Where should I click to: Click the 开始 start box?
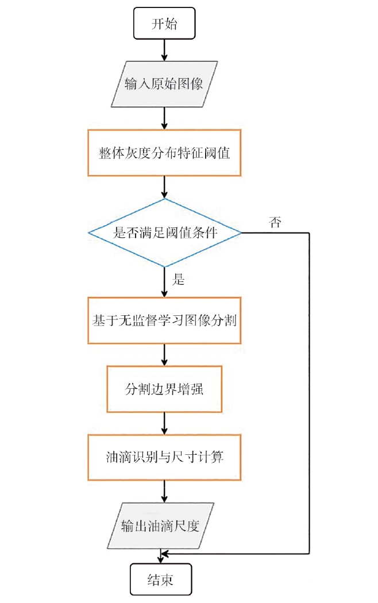pos(165,24)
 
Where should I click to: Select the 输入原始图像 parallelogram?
pos(164,84)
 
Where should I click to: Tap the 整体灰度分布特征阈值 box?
pos(164,153)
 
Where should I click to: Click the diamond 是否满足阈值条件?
pos(165,233)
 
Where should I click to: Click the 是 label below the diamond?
pos(179,280)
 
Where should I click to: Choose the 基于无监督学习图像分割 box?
pos(164,320)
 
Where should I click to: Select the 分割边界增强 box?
pos(164,389)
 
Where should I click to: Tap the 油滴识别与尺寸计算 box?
pos(164,457)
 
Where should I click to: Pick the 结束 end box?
pos(160,579)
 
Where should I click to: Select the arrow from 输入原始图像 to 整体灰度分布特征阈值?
pos(165,118)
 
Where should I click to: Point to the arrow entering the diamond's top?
pos(165,187)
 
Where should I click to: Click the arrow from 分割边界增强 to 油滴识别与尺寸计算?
pos(165,423)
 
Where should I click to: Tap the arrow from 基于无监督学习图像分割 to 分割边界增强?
pos(165,355)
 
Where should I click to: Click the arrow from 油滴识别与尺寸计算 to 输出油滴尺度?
pos(165,492)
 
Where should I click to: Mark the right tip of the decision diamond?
pos(241,233)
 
